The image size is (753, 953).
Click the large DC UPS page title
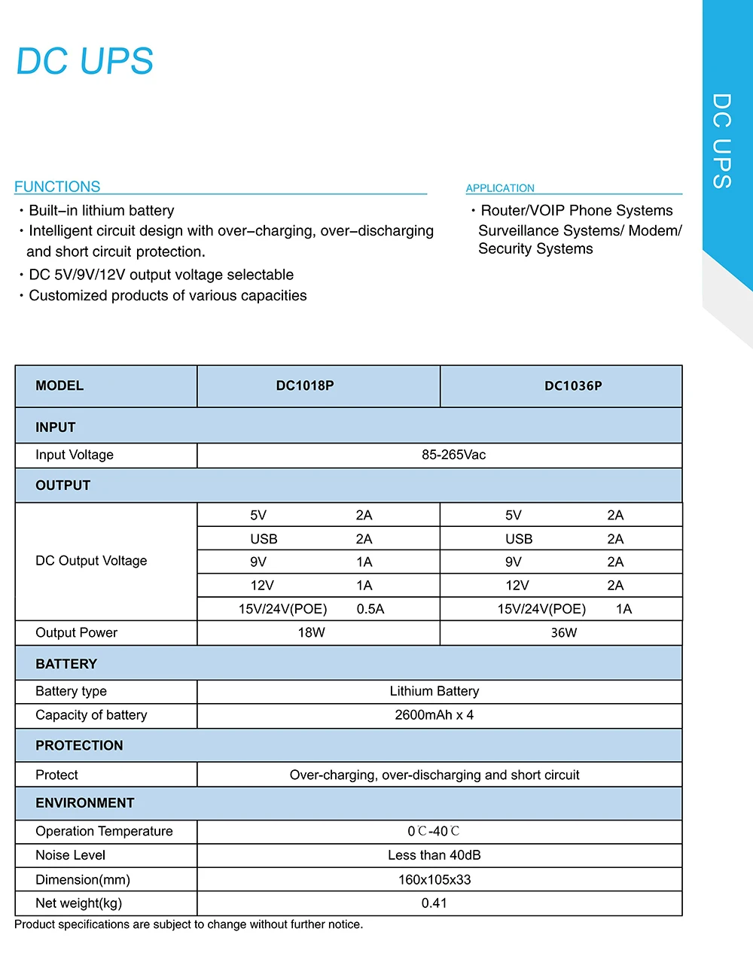coord(84,62)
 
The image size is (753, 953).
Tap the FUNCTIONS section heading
coord(57,187)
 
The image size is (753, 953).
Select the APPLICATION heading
coord(500,188)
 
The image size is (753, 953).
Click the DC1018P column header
coord(305,386)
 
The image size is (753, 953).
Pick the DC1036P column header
coord(573,386)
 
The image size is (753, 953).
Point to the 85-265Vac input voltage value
coord(453,455)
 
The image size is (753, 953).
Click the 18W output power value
coord(311,632)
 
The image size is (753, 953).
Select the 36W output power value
coord(563,632)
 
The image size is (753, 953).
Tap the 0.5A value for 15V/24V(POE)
coord(370,609)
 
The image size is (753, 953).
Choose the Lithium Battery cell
coord(434,691)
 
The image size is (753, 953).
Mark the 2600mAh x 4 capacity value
coord(434,715)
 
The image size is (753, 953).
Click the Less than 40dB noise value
coord(434,855)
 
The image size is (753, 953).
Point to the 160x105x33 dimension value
coord(434,879)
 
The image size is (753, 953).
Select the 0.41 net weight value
coord(434,903)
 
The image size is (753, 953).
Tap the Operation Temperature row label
coord(104,831)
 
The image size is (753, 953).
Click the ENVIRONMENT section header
coord(84,803)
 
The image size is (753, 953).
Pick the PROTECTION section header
coord(79,745)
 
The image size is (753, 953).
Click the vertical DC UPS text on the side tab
coord(721,141)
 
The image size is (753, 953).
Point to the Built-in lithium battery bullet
coord(101,211)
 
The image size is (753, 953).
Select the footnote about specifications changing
coord(188,924)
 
